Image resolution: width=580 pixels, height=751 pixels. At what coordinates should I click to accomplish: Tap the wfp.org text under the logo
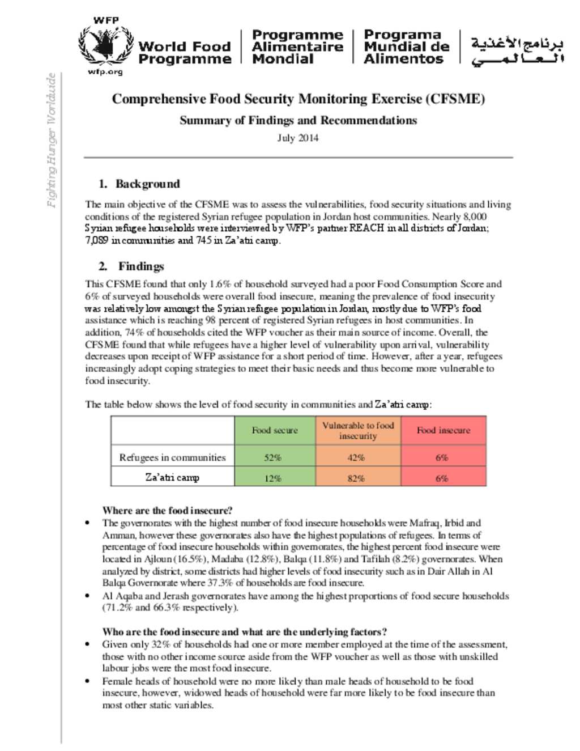[105, 72]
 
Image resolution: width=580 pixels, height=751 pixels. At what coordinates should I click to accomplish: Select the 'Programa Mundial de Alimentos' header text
[406, 47]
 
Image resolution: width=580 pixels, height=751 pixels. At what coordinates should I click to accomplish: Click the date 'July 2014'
[297, 138]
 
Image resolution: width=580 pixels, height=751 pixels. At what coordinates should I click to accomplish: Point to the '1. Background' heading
[139, 184]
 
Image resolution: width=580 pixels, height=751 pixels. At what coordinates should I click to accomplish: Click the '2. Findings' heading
[131, 266]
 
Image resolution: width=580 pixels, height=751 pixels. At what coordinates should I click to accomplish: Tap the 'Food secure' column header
[275, 430]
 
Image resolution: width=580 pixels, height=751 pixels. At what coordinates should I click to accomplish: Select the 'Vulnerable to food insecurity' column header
[357, 430]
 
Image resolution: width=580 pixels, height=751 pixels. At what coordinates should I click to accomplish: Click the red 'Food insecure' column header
[443, 430]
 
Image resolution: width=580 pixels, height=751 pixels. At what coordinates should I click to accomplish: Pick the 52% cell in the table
[272, 457]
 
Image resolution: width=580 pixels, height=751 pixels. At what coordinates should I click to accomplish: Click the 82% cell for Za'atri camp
[356, 478]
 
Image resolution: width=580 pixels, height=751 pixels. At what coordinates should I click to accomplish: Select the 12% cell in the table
[272, 478]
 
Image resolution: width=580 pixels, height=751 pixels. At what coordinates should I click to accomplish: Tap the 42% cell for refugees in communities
[356, 457]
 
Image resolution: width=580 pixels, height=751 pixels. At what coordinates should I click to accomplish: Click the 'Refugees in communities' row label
[172, 457]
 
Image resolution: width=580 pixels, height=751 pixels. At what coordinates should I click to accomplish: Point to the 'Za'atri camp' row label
[172, 477]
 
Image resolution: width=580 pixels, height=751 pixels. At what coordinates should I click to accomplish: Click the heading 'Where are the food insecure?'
[167, 510]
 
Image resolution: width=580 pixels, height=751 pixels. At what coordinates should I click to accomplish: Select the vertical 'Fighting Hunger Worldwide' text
[52, 141]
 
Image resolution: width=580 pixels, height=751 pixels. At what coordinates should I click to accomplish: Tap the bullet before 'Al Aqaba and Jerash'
[87, 596]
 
